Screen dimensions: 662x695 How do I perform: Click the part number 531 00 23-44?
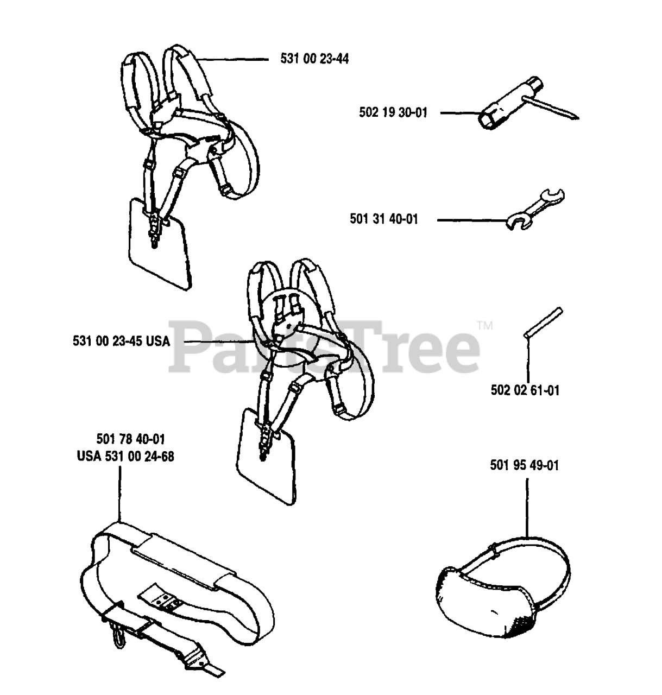point(314,59)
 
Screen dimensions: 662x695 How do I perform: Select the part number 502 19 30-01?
point(393,113)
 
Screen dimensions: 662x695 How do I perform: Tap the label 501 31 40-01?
point(384,220)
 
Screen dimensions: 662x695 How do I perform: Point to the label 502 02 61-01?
point(525,390)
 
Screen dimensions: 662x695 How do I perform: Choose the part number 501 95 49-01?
point(524,465)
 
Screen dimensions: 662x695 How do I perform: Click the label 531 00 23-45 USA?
point(121,342)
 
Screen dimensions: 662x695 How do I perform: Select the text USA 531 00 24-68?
point(125,456)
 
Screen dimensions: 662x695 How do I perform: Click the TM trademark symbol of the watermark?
point(484,326)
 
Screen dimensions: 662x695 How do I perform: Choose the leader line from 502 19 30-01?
point(459,113)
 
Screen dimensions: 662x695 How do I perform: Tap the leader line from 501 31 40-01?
point(470,220)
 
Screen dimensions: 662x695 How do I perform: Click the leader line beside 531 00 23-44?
point(234,59)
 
